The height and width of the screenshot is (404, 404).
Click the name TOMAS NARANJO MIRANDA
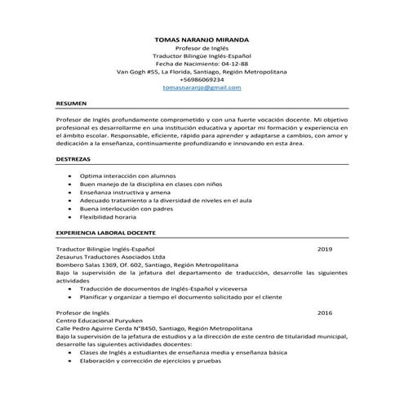[x=202, y=38]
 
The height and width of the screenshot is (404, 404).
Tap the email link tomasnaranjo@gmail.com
[x=202, y=87]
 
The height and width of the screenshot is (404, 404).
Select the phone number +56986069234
[x=202, y=78]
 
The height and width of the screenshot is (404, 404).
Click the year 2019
[x=325, y=248]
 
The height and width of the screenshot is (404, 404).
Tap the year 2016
[x=325, y=313]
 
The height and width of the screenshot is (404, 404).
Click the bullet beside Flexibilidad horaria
[x=70, y=218]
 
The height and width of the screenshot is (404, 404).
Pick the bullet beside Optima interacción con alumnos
[x=70, y=175]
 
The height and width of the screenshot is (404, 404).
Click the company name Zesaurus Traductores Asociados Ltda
[x=110, y=256]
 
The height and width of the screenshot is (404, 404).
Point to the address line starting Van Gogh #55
[x=202, y=71]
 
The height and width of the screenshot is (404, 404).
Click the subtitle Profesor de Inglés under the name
[x=202, y=47]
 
